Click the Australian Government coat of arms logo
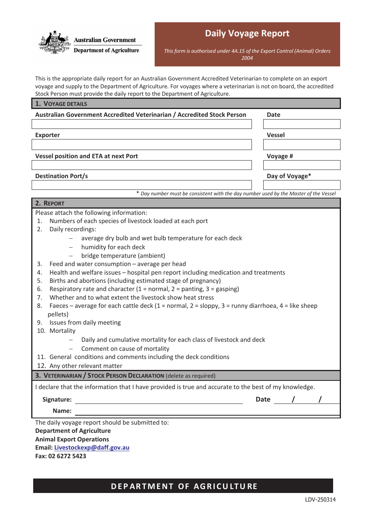55,43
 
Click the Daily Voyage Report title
247,34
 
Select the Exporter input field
141,145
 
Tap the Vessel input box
301,145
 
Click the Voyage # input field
301,165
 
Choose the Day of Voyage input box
301,185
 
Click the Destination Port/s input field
141,185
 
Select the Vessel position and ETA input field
141,165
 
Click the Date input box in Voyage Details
301,124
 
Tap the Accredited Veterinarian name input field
141,124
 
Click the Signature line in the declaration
159,400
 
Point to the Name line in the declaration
207,411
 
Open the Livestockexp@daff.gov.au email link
92,448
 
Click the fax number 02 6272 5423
67,456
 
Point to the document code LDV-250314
320,500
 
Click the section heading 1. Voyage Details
61,104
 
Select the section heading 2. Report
50,204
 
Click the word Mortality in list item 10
62,331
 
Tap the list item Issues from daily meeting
85,323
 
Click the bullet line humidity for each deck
113,247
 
